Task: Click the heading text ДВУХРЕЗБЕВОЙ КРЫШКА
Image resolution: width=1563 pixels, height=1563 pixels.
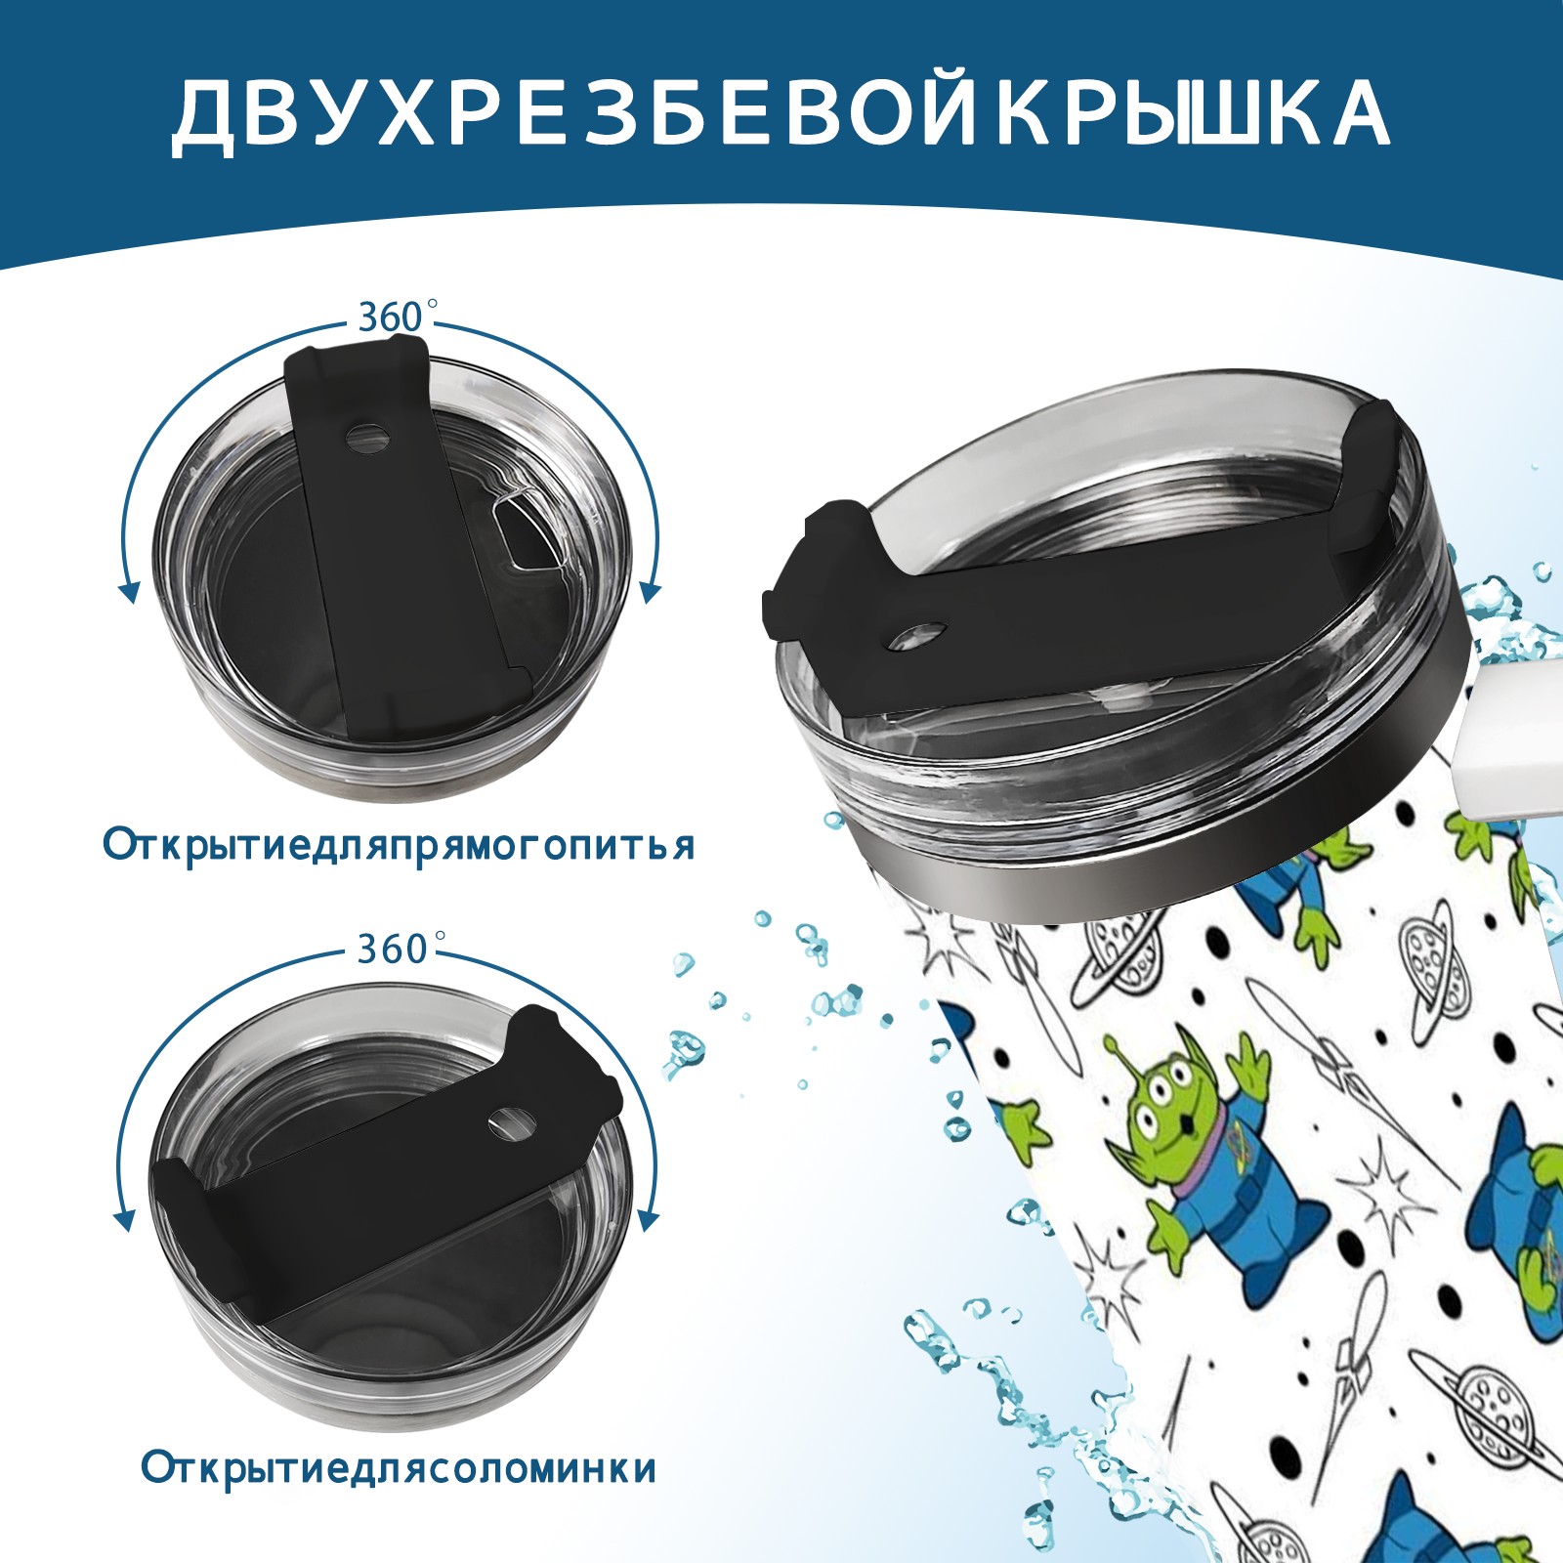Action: [781, 114]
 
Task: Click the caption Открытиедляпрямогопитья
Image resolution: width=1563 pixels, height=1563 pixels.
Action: [399, 844]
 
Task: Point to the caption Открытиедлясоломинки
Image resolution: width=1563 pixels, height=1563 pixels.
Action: [399, 1496]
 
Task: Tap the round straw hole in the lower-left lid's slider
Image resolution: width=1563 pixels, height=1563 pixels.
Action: [509, 1122]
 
